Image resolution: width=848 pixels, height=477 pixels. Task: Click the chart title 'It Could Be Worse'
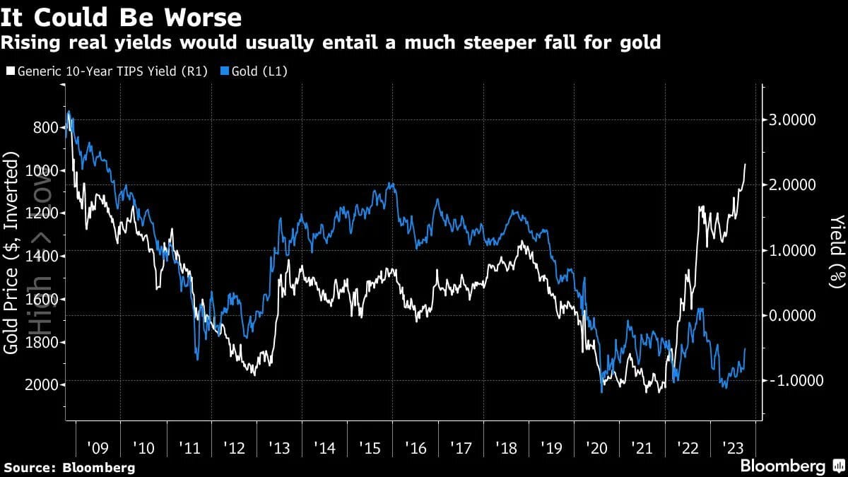point(122,17)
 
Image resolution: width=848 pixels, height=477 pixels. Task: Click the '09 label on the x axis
point(98,448)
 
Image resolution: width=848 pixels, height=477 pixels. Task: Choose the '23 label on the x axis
point(733,448)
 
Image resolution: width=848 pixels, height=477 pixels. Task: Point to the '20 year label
point(596,448)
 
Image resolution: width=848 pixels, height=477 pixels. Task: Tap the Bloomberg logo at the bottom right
point(782,466)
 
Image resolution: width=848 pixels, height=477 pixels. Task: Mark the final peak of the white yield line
point(745,164)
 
